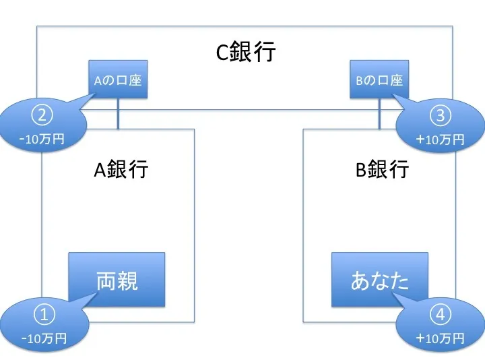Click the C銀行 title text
[x=245, y=52]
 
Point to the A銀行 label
[x=121, y=169]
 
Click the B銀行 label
[x=382, y=169]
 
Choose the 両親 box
[x=117, y=279]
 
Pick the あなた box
[x=379, y=279]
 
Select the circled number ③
[x=441, y=115]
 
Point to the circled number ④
[x=441, y=315]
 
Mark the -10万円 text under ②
[x=43, y=140]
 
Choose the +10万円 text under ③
[x=441, y=140]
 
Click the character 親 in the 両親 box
[x=127, y=280]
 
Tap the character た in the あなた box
[x=399, y=280]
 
